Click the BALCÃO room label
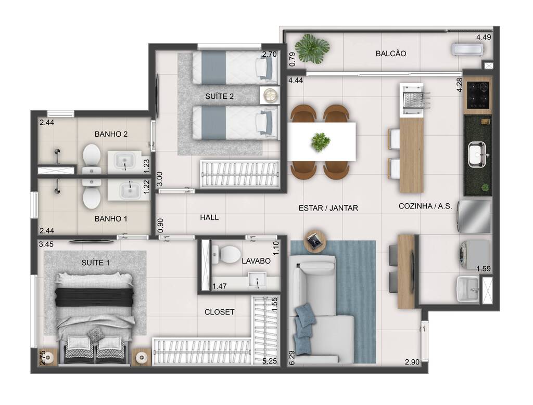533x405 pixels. (x=390, y=54)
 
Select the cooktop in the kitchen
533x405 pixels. (x=478, y=96)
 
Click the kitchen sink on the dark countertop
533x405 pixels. (x=477, y=154)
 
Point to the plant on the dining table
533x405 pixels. (x=321, y=141)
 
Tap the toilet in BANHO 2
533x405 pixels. (x=92, y=158)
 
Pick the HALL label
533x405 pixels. (x=209, y=218)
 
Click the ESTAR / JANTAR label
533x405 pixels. (x=328, y=208)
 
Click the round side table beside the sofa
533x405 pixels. (x=315, y=240)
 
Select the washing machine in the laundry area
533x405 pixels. (x=474, y=255)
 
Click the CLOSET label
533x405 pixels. (x=219, y=312)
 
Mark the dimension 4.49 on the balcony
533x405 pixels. (x=483, y=37)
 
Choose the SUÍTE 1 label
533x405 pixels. (x=96, y=263)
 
